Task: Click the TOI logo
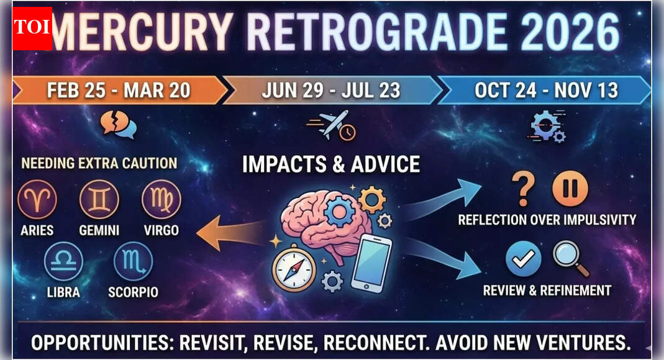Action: click(32, 28)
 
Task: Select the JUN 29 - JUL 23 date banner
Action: click(331, 91)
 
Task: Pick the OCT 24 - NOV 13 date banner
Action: click(545, 91)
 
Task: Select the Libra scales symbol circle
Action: click(63, 261)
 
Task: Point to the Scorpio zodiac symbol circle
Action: click(133, 261)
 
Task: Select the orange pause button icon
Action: click(570, 189)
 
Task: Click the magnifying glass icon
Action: click(571, 258)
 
